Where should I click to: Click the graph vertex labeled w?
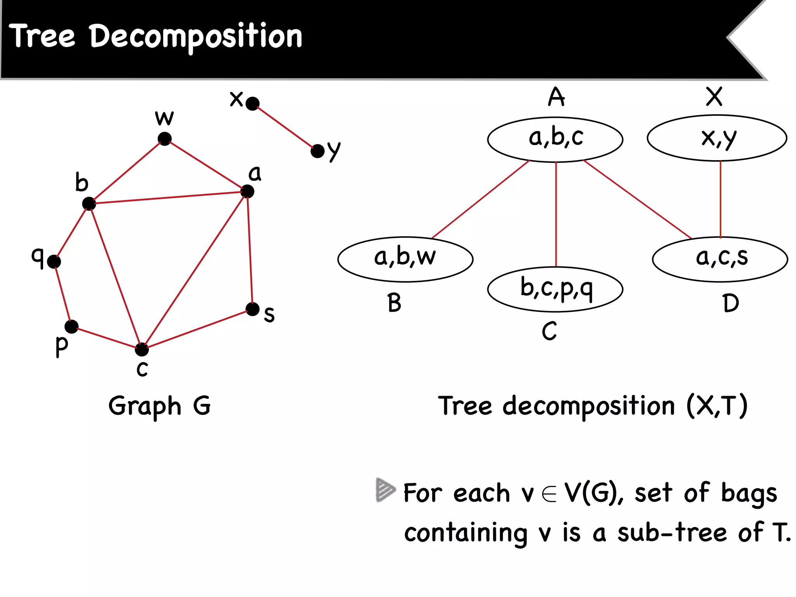(165, 139)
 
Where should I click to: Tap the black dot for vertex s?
(253, 309)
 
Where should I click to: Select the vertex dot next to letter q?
(54, 262)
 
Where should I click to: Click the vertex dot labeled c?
(142, 349)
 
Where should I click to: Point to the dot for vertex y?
(318, 151)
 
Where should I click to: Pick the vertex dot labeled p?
(72, 326)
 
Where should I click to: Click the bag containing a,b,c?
(555, 139)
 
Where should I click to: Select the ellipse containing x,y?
(717, 138)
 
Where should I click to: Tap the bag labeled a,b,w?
(405, 259)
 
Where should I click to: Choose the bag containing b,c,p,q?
(555, 289)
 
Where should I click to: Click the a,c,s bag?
(720, 259)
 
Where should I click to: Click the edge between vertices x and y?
(285, 127)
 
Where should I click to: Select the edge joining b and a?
(168, 197)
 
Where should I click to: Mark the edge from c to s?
(197, 329)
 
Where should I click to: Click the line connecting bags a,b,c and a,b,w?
(480, 199)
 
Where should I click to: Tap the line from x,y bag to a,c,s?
(721, 199)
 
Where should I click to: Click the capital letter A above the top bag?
(556, 97)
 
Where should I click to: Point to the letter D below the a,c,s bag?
(731, 303)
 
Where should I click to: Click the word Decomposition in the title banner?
(196, 37)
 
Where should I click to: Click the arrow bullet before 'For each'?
(385, 490)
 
